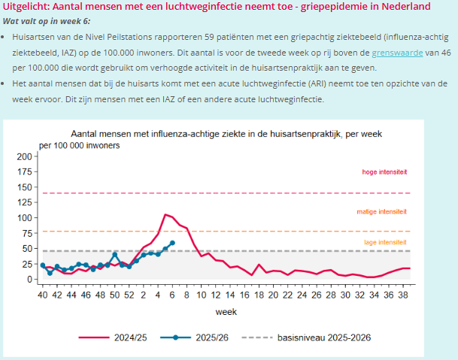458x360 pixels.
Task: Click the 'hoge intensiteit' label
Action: click(x=384, y=172)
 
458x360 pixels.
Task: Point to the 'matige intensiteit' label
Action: click(x=382, y=212)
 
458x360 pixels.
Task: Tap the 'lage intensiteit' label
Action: click(x=384, y=242)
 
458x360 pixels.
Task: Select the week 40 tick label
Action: click(x=43, y=295)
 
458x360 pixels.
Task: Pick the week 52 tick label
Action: click(x=129, y=295)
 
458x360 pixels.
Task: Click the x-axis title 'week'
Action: click(x=226, y=310)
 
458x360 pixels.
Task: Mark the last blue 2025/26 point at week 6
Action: click(x=172, y=243)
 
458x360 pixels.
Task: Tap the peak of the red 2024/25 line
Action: click(x=165, y=215)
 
